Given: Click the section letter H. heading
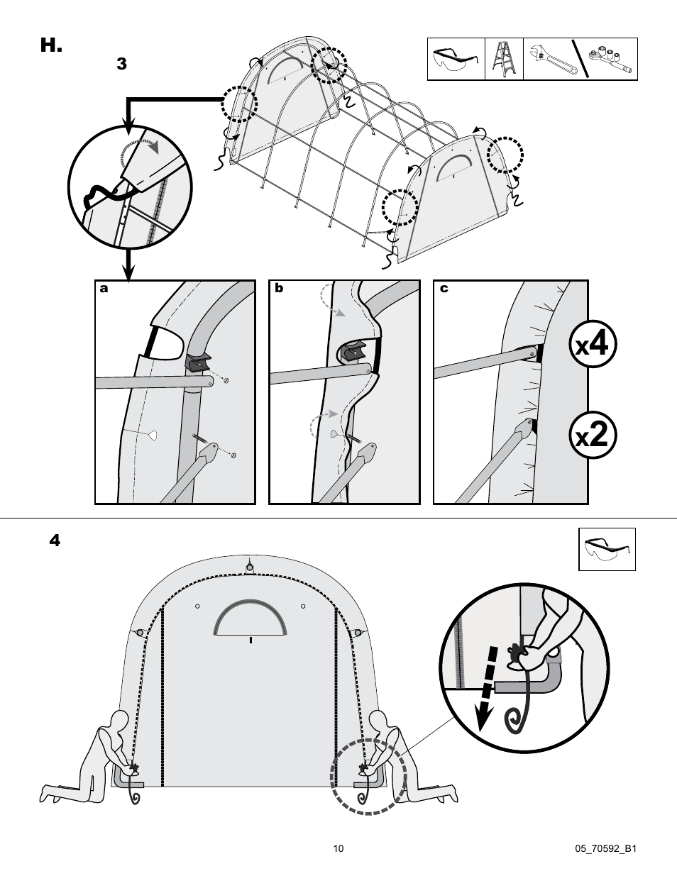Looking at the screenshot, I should click(51, 47).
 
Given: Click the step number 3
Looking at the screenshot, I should click(121, 64).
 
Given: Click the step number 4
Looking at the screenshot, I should click(55, 540).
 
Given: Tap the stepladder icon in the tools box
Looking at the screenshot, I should click(505, 60).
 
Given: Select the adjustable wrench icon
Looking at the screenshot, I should click(549, 60).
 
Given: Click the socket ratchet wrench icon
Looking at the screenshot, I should click(610, 60).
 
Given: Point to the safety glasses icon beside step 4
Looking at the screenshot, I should click(607, 549).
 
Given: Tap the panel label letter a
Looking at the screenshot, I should click(104, 289).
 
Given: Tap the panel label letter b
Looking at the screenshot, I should click(279, 289).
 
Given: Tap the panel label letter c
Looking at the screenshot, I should click(444, 289).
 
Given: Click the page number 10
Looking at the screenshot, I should click(338, 848).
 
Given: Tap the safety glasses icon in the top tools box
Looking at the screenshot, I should click(455, 60).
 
